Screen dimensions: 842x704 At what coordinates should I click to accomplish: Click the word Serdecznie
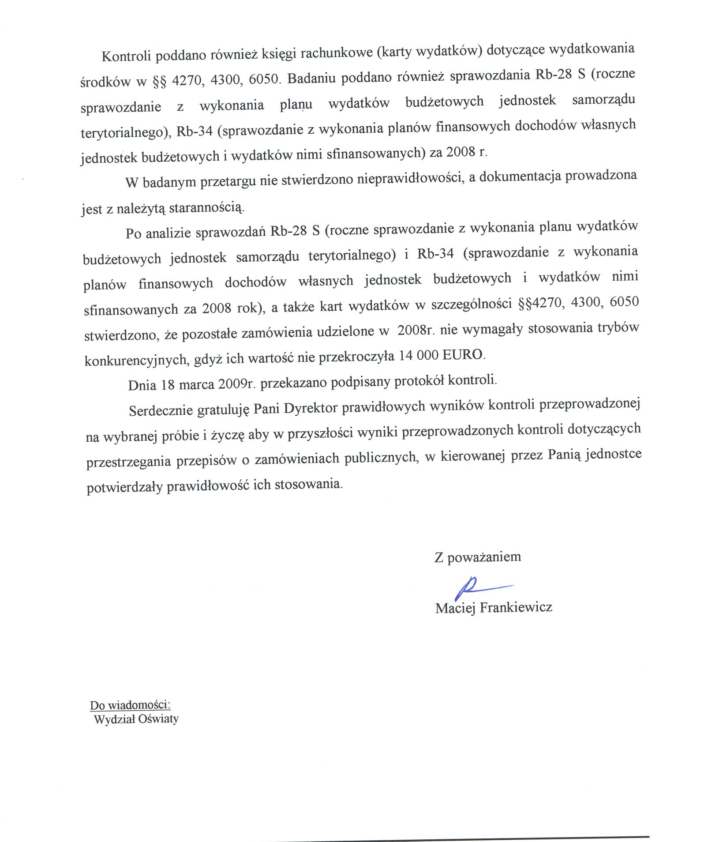[161, 410]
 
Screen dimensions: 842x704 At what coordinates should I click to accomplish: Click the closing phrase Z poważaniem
[477, 557]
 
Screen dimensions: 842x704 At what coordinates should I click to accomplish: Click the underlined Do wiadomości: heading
[130, 705]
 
